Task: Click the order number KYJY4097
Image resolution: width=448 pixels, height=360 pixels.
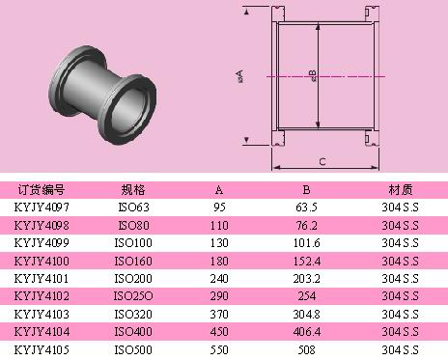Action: point(42,208)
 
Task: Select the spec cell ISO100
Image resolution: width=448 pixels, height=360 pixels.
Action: point(133,243)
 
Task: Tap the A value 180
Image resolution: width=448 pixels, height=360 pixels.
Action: point(219,261)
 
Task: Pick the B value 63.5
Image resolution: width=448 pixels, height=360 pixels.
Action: point(306,208)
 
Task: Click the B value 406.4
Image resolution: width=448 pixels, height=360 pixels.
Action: point(307,332)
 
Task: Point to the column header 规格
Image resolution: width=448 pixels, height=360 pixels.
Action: point(133,190)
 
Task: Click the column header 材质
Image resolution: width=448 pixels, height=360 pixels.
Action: point(401,190)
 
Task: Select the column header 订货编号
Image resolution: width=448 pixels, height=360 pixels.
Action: point(42,190)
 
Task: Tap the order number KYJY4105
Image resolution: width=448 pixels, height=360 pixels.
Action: point(42,349)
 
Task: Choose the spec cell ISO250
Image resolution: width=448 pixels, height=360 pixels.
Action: point(133,296)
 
